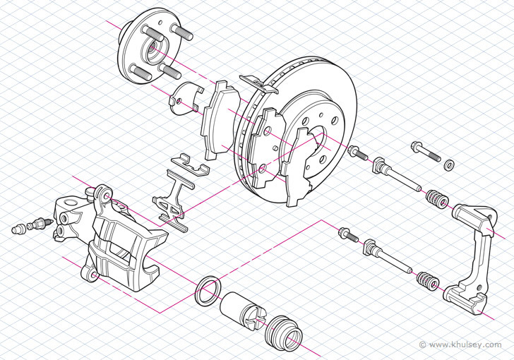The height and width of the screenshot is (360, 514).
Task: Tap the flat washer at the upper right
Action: [x=448, y=165]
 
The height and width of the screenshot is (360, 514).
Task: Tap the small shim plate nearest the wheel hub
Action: [x=185, y=97]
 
